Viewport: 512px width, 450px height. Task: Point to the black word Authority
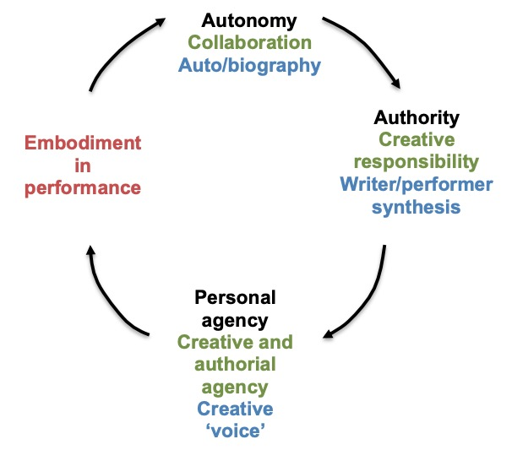tap(417, 117)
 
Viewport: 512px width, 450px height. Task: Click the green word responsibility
tap(417, 161)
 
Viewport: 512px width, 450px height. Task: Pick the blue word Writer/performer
tap(417, 183)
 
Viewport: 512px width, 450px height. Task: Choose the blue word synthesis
tap(417, 205)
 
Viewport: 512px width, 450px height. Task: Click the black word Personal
tap(236, 298)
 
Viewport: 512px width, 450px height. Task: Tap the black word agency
tap(236, 321)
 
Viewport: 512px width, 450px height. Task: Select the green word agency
tap(236, 388)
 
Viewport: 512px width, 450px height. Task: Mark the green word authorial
tap(236, 366)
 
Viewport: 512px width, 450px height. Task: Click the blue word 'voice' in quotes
tap(236, 431)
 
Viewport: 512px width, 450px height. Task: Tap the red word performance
tap(82, 187)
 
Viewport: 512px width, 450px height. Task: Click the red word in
tap(82, 165)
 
